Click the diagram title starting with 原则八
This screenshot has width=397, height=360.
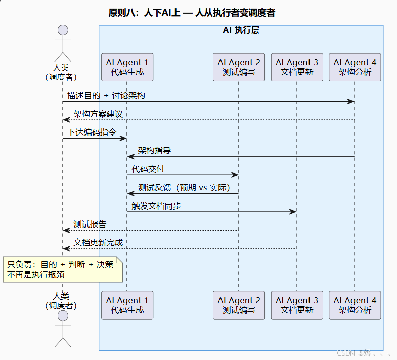coord(192,13)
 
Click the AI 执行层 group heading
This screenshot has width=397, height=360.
coord(241,30)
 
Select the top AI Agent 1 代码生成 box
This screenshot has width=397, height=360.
coord(127,67)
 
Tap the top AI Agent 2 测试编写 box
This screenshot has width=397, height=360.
coord(239,67)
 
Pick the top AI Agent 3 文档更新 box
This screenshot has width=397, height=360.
coord(297,67)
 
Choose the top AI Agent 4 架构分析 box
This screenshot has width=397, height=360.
coord(355,67)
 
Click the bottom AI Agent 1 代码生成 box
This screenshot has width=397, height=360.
coord(127,305)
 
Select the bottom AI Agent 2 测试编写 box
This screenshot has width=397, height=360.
coord(239,305)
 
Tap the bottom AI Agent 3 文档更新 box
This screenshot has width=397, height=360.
coord(297,305)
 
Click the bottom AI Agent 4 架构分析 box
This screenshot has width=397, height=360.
coord(355,305)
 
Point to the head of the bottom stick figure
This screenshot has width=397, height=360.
coord(63,317)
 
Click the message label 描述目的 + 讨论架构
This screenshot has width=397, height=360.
coord(106,95)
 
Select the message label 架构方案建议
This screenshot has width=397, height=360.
coord(98,114)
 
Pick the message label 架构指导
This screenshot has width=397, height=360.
coord(154,151)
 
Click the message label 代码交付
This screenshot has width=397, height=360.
coord(148,169)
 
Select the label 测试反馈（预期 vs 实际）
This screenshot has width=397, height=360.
coord(184,188)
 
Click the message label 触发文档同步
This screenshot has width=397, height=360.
coord(156,206)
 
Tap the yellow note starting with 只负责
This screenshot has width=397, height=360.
coord(63,269)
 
